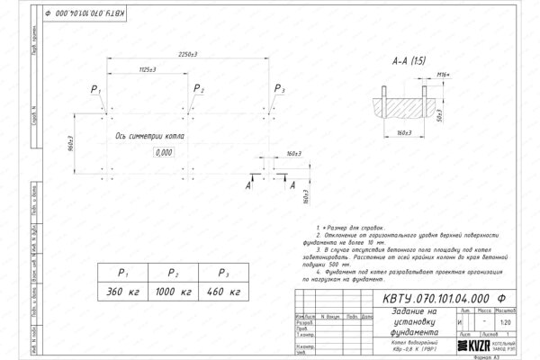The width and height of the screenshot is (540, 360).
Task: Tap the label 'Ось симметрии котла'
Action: point(148,138)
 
